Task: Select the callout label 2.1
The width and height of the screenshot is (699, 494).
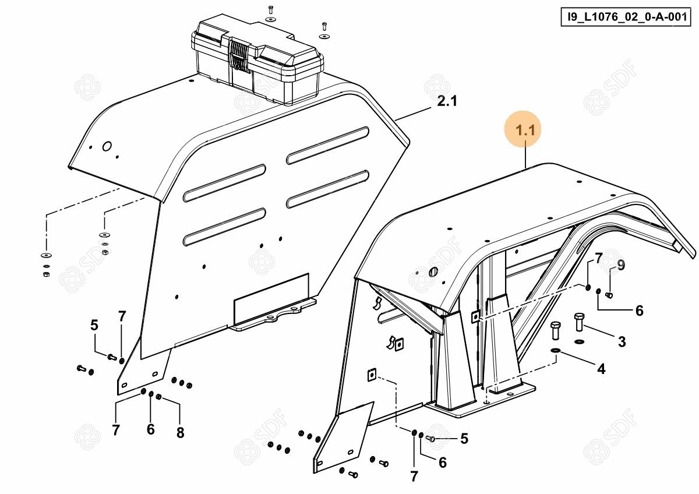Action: [447, 102]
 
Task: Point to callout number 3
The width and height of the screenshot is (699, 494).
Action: [622, 342]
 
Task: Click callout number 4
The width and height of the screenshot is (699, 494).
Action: [601, 368]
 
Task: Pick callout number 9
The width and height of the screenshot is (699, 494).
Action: [621, 266]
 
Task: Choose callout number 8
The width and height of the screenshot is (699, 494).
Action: [180, 432]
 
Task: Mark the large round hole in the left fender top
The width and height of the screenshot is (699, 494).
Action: [107, 146]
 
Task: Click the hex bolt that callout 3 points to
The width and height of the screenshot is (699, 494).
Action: [579, 322]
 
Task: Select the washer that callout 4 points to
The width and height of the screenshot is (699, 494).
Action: [555, 351]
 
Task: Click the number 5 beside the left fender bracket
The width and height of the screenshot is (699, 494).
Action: [94, 325]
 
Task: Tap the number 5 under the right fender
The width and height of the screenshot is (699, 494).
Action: [464, 439]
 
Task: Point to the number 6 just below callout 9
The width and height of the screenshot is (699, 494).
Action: [639, 311]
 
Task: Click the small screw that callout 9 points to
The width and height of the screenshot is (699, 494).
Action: [609, 295]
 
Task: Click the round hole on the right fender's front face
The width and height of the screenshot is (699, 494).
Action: [433, 272]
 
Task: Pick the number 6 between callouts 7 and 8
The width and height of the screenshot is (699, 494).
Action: [151, 429]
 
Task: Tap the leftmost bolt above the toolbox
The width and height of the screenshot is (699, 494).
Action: [270, 10]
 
